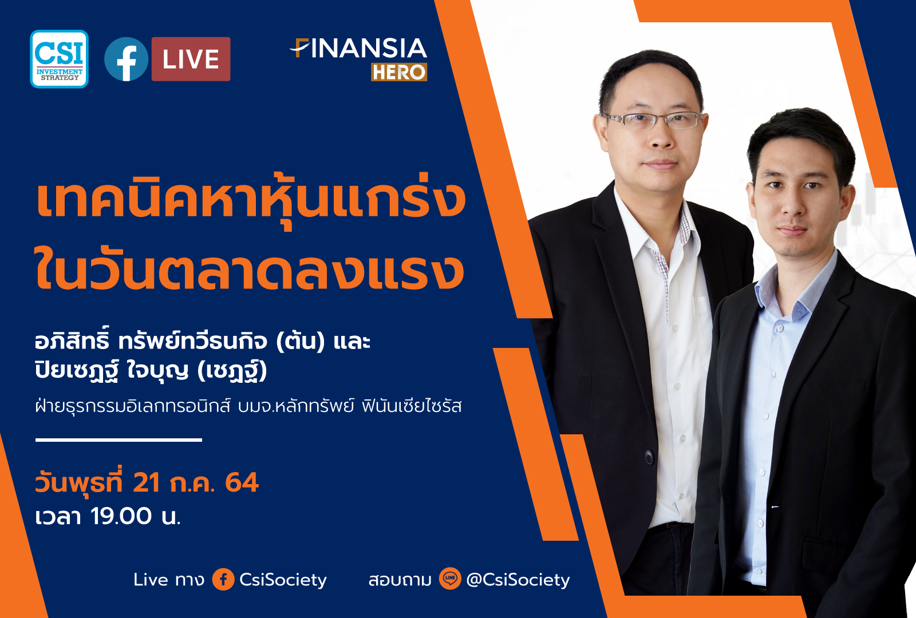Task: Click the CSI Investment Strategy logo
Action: (59, 59)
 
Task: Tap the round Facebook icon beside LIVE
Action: (126, 59)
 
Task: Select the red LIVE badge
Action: (191, 59)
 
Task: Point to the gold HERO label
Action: (398, 72)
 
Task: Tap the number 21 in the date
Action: (146, 482)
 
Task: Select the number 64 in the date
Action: (242, 482)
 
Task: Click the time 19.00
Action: (121, 516)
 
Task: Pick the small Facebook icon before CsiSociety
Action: (223, 579)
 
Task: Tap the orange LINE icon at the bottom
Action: (450, 579)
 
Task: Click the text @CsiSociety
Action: (518, 580)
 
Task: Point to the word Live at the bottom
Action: (151, 580)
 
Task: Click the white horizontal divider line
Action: (119, 440)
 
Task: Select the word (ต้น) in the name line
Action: (300, 342)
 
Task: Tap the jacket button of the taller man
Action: (649, 457)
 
